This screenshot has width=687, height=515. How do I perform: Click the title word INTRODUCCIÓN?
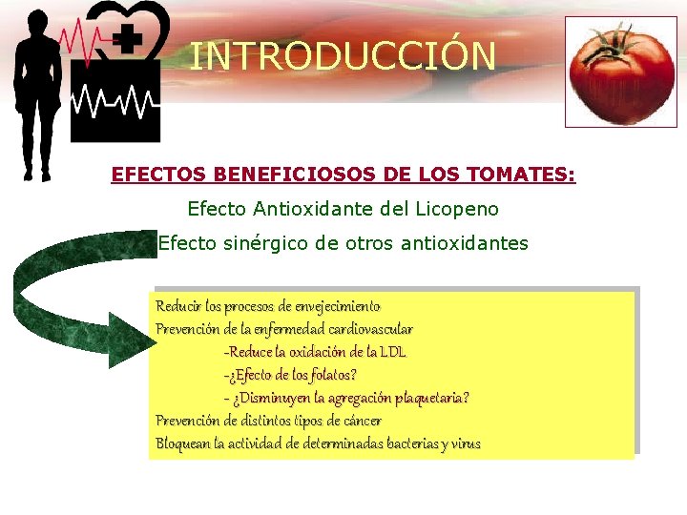[343, 56]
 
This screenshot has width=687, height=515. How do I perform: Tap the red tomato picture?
[620, 72]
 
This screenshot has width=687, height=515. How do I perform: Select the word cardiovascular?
[363, 329]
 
